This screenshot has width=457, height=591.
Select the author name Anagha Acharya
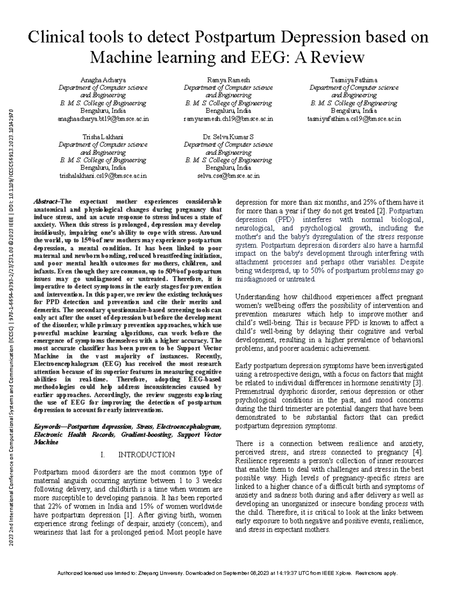coord(103,80)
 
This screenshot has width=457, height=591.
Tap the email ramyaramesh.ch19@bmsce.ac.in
coord(228,119)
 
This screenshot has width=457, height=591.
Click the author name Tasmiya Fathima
coord(354,80)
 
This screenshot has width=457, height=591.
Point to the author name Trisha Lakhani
coord(103,137)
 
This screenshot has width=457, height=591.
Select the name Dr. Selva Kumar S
coord(228,137)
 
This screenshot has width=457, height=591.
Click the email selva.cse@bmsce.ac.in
coord(228,176)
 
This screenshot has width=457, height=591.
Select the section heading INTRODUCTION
coord(147,455)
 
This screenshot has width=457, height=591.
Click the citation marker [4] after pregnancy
coord(418,452)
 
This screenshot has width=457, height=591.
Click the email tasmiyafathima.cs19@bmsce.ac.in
coord(354,119)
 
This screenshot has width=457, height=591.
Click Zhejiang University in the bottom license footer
coord(160,573)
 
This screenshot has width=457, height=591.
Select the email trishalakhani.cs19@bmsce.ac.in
coord(103,176)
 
